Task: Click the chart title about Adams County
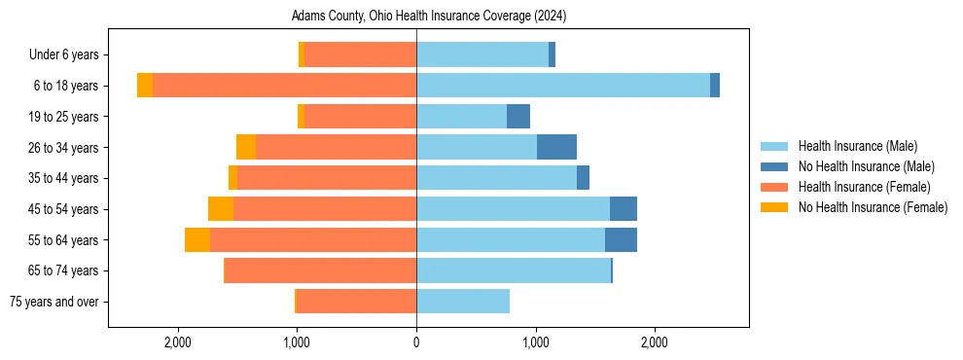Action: click(429, 17)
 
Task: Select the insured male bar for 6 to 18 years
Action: click(562, 86)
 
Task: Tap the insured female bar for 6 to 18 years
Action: click(284, 86)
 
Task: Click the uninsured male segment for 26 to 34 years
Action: click(556, 147)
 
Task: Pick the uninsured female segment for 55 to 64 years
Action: click(197, 240)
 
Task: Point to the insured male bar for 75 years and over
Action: click(463, 302)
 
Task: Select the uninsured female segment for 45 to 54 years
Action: click(221, 209)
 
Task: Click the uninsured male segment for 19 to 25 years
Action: click(518, 117)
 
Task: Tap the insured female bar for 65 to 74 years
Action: click(321, 270)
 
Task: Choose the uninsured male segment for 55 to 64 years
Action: click(621, 240)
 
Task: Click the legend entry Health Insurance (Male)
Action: click(857, 146)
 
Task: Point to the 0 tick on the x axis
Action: click(416, 342)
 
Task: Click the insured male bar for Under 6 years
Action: click(482, 54)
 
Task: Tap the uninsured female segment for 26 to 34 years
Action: click(246, 147)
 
